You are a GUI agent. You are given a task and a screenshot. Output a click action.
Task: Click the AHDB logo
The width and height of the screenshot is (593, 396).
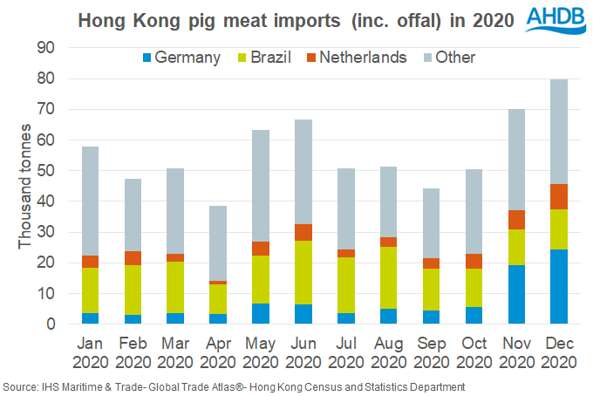[556, 20]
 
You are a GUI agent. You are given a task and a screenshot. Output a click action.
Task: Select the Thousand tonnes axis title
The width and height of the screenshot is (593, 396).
[25, 186]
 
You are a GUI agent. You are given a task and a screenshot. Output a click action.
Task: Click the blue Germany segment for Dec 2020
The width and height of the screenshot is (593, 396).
[559, 286]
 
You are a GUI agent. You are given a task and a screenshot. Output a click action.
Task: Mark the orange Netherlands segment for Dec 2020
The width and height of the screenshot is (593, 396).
[559, 196]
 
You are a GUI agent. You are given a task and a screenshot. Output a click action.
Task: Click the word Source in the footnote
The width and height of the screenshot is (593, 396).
[18, 386]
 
